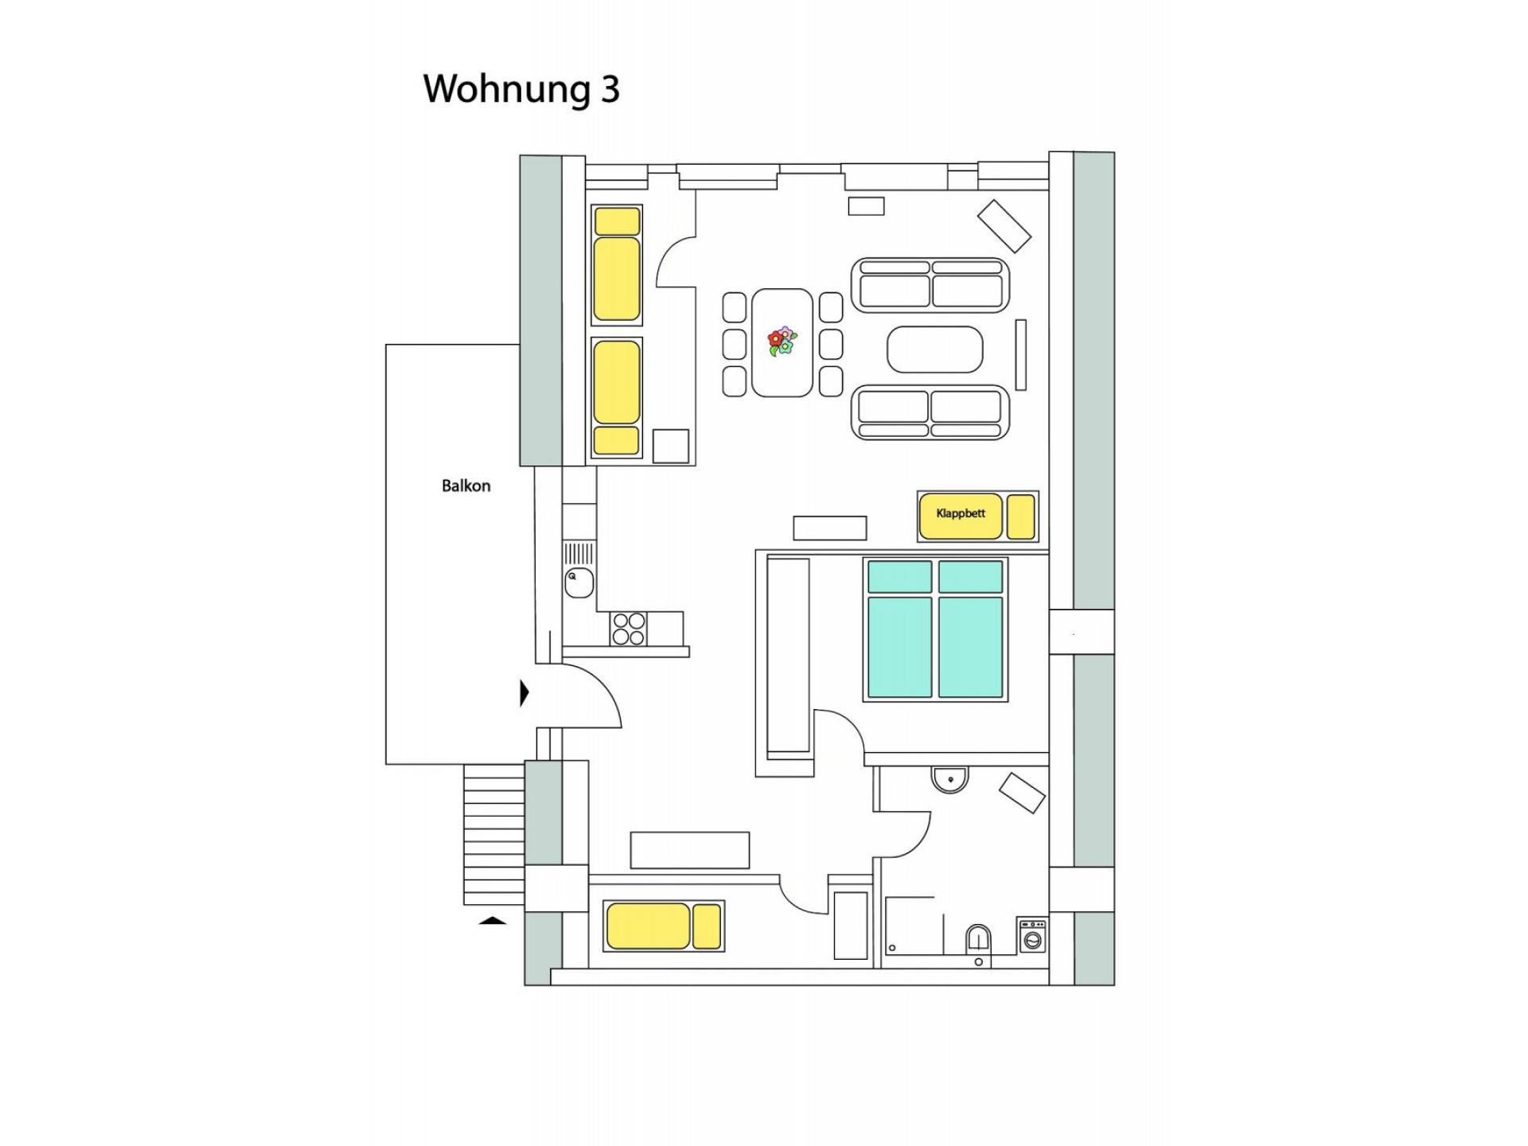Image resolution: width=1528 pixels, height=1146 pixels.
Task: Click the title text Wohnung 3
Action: click(x=521, y=89)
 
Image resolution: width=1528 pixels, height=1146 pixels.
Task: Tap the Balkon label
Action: click(x=466, y=486)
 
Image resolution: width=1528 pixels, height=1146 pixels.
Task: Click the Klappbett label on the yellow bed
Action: click(x=961, y=514)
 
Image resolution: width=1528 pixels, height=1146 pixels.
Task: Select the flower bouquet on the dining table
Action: click(x=782, y=341)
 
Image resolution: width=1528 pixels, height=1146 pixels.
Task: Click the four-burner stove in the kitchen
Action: click(x=628, y=629)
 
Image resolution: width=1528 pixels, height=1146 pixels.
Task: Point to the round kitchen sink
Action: click(x=579, y=583)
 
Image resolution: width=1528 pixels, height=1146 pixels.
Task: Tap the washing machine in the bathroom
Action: click(x=1032, y=936)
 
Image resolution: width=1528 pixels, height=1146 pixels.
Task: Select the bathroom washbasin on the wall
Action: click(x=949, y=778)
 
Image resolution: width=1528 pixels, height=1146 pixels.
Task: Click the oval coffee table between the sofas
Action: click(x=934, y=349)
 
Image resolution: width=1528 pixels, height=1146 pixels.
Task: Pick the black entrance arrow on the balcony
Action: click(x=524, y=693)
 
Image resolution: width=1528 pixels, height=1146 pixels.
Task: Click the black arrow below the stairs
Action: click(x=493, y=921)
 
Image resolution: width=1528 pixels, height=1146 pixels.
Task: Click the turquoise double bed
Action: click(x=935, y=629)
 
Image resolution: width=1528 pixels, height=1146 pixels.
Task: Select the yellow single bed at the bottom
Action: click(x=663, y=926)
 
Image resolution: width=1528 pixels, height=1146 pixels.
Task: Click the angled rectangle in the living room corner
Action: click(x=1004, y=226)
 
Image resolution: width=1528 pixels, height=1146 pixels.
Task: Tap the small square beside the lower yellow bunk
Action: click(x=670, y=446)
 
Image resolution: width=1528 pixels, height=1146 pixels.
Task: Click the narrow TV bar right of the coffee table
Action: click(x=1020, y=355)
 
